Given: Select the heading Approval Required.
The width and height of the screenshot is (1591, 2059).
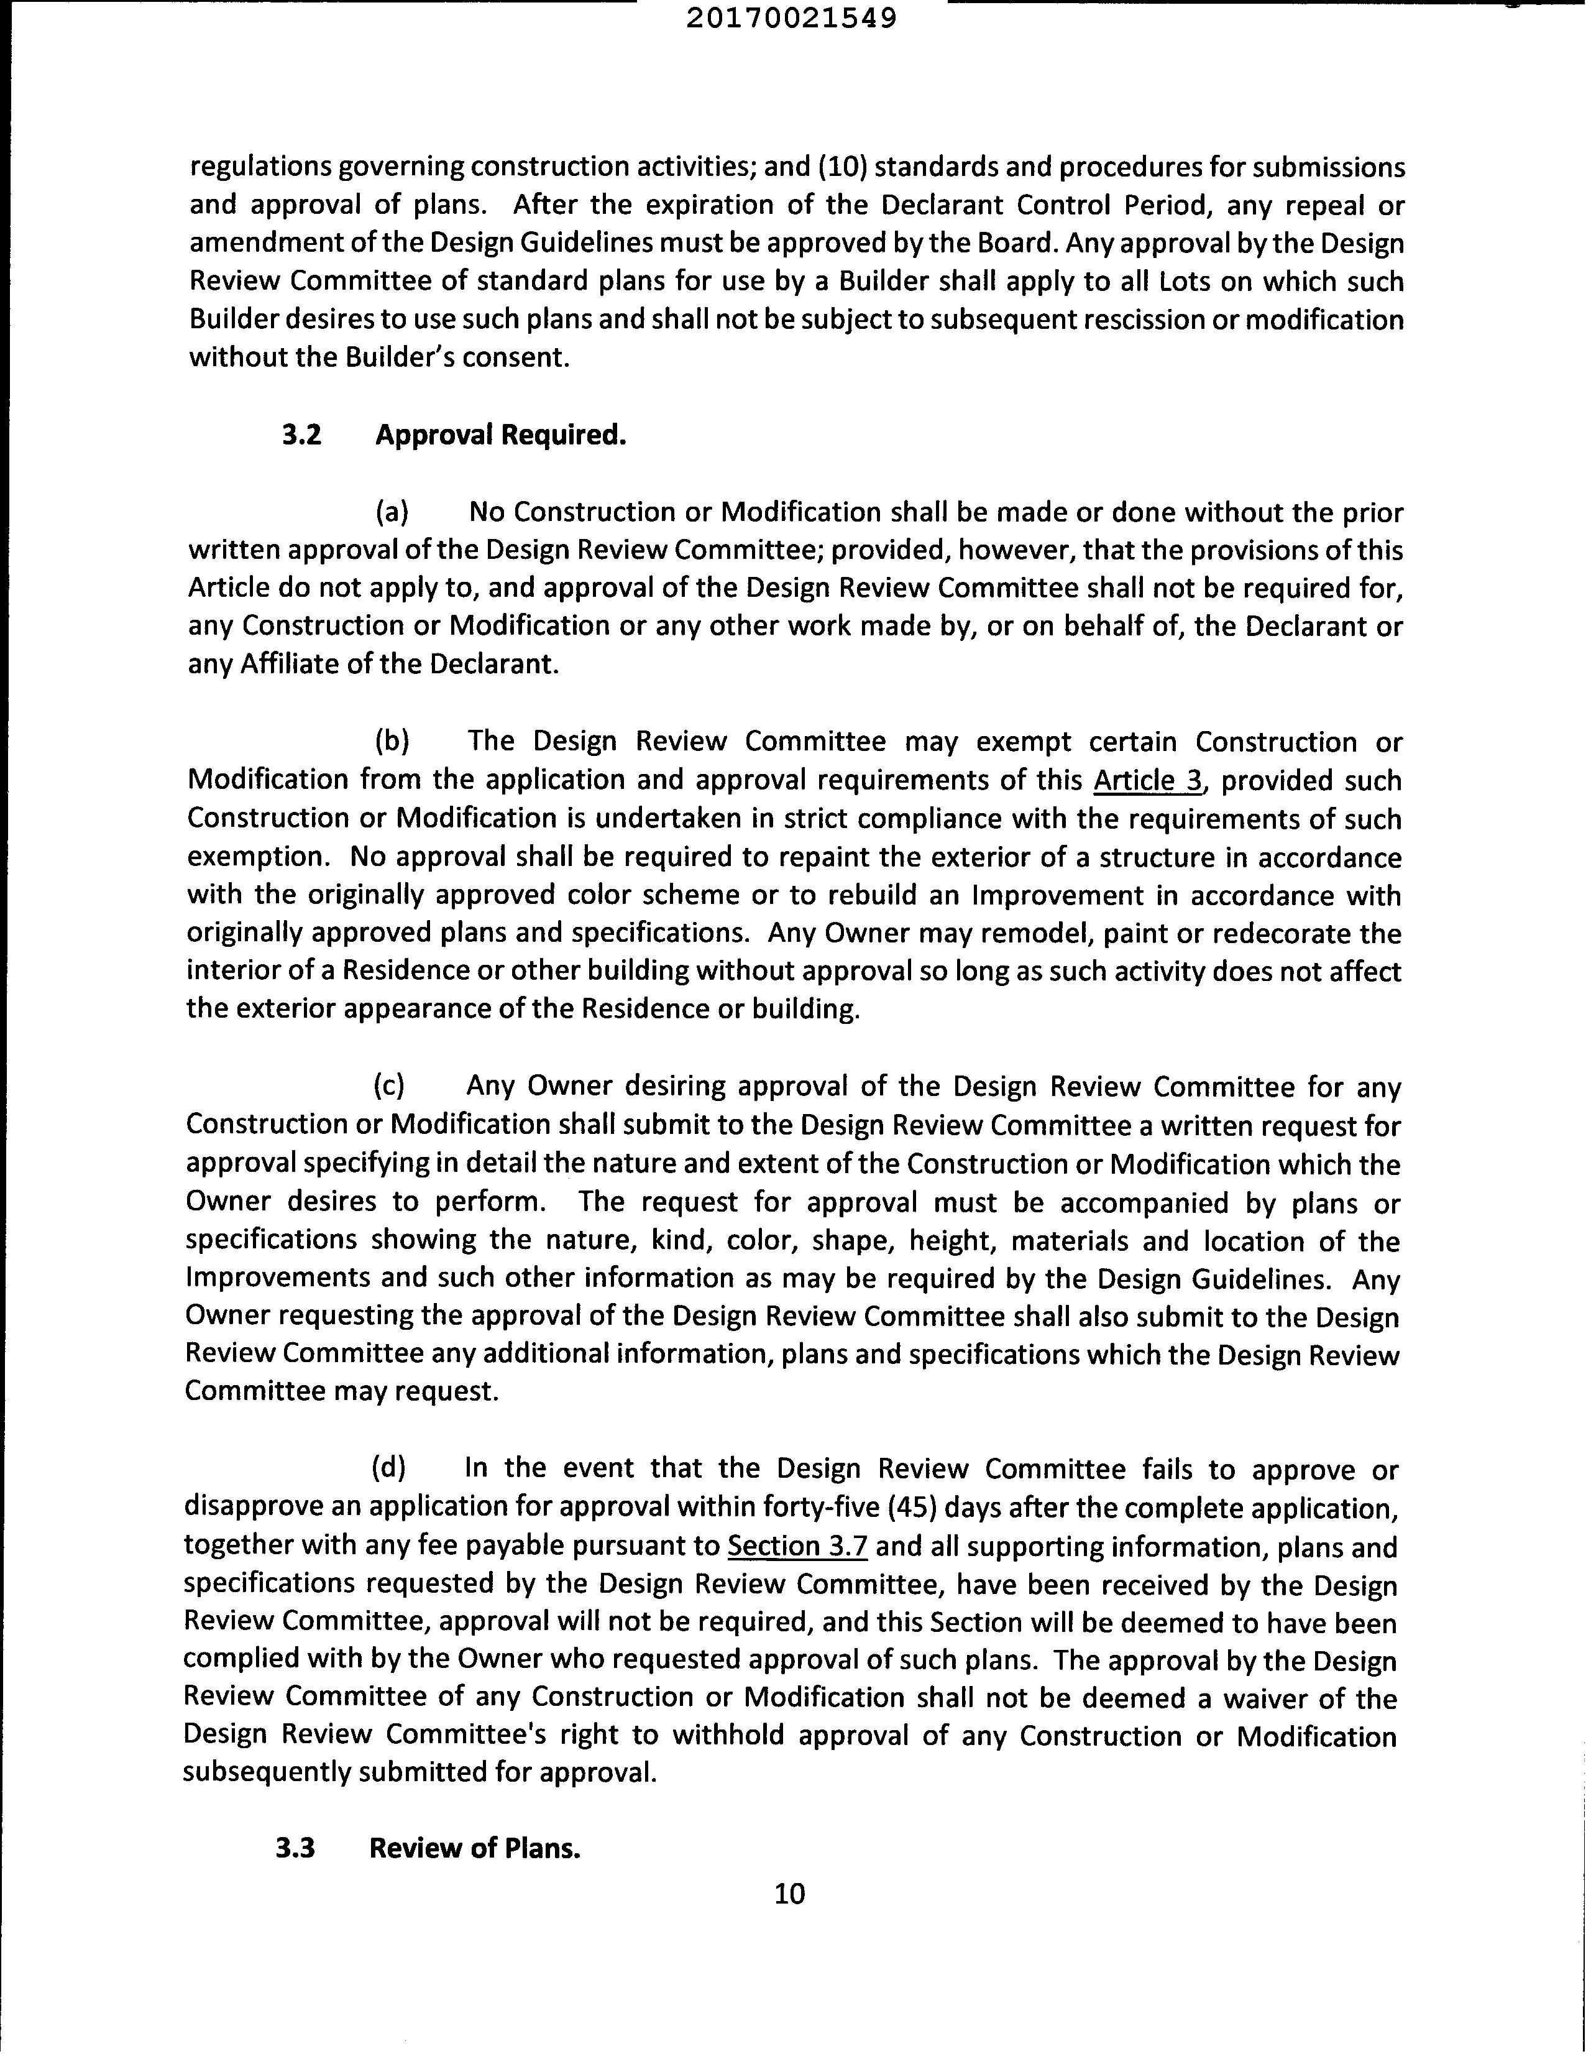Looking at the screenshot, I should [x=500, y=436].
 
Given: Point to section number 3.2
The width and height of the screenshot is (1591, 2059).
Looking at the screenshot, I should [x=301, y=436].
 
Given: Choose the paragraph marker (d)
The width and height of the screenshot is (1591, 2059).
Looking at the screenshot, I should [x=388, y=1468].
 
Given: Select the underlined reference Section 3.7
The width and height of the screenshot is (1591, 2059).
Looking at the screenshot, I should [x=799, y=1546].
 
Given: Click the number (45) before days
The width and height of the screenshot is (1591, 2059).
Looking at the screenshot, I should [x=912, y=1508].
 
